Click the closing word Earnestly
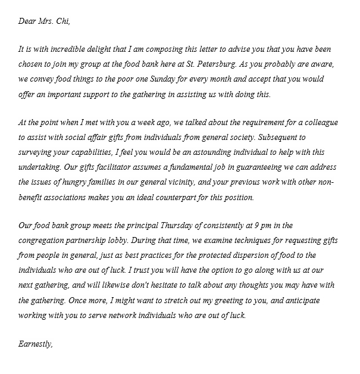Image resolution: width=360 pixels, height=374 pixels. pyautogui.click(x=36, y=344)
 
